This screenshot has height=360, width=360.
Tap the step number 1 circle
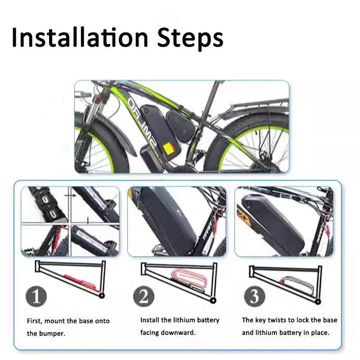36,297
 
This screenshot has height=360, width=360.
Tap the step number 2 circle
144,297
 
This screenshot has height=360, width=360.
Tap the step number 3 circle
255,297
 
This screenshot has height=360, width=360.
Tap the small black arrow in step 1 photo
70,196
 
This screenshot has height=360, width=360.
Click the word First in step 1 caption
35,321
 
